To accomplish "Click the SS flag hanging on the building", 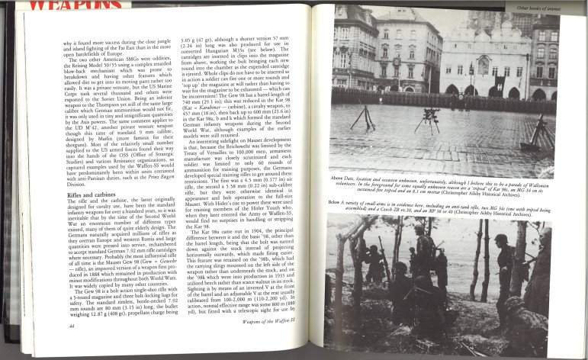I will coord(500,82).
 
